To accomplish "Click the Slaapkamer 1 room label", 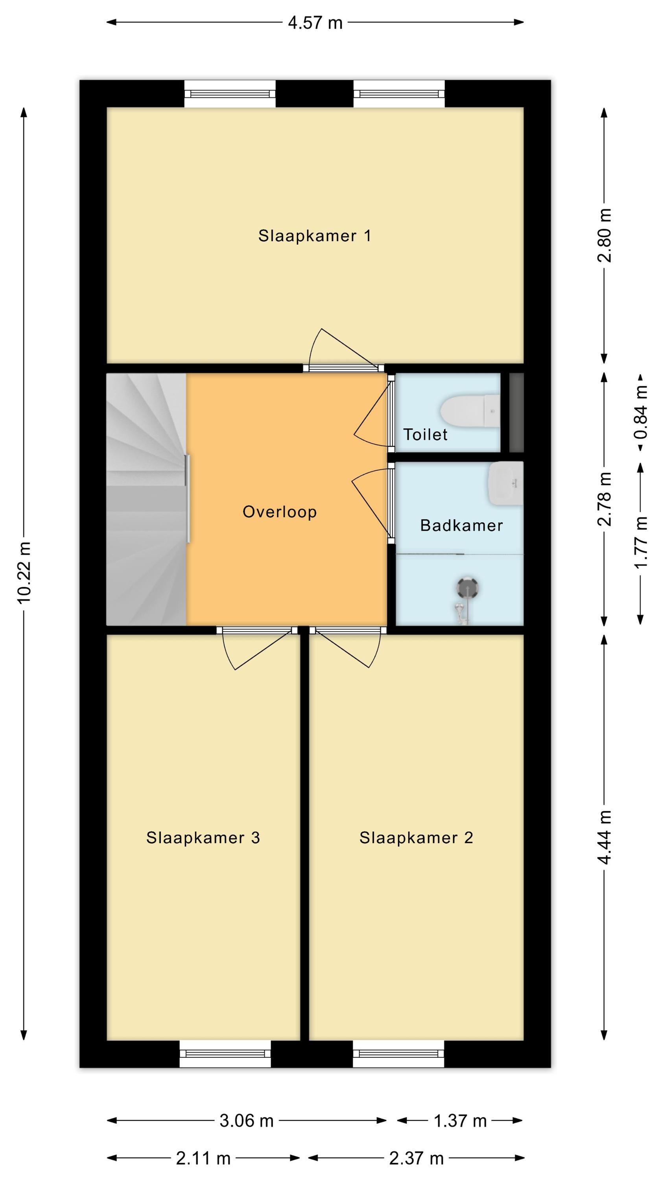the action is click(x=314, y=236).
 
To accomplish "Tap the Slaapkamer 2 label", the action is click(x=416, y=838).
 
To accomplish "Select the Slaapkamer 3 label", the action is click(x=203, y=838).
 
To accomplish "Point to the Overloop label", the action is click(x=280, y=512).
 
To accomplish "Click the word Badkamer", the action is click(x=461, y=525).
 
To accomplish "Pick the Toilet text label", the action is click(x=425, y=434).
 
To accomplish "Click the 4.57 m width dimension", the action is click(x=315, y=22).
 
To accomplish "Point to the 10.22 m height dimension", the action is click(x=24, y=573).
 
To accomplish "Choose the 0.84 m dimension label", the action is click(x=641, y=411).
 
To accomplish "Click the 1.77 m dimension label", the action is click(x=641, y=542).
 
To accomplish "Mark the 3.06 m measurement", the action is click(x=247, y=1121).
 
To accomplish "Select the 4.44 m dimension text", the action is click(x=605, y=837).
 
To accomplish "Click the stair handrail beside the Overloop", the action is click(x=187, y=498).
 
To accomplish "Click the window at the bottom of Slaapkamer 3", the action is click(x=225, y=1054).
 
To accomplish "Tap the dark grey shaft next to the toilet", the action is click(x=516, y=412).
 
